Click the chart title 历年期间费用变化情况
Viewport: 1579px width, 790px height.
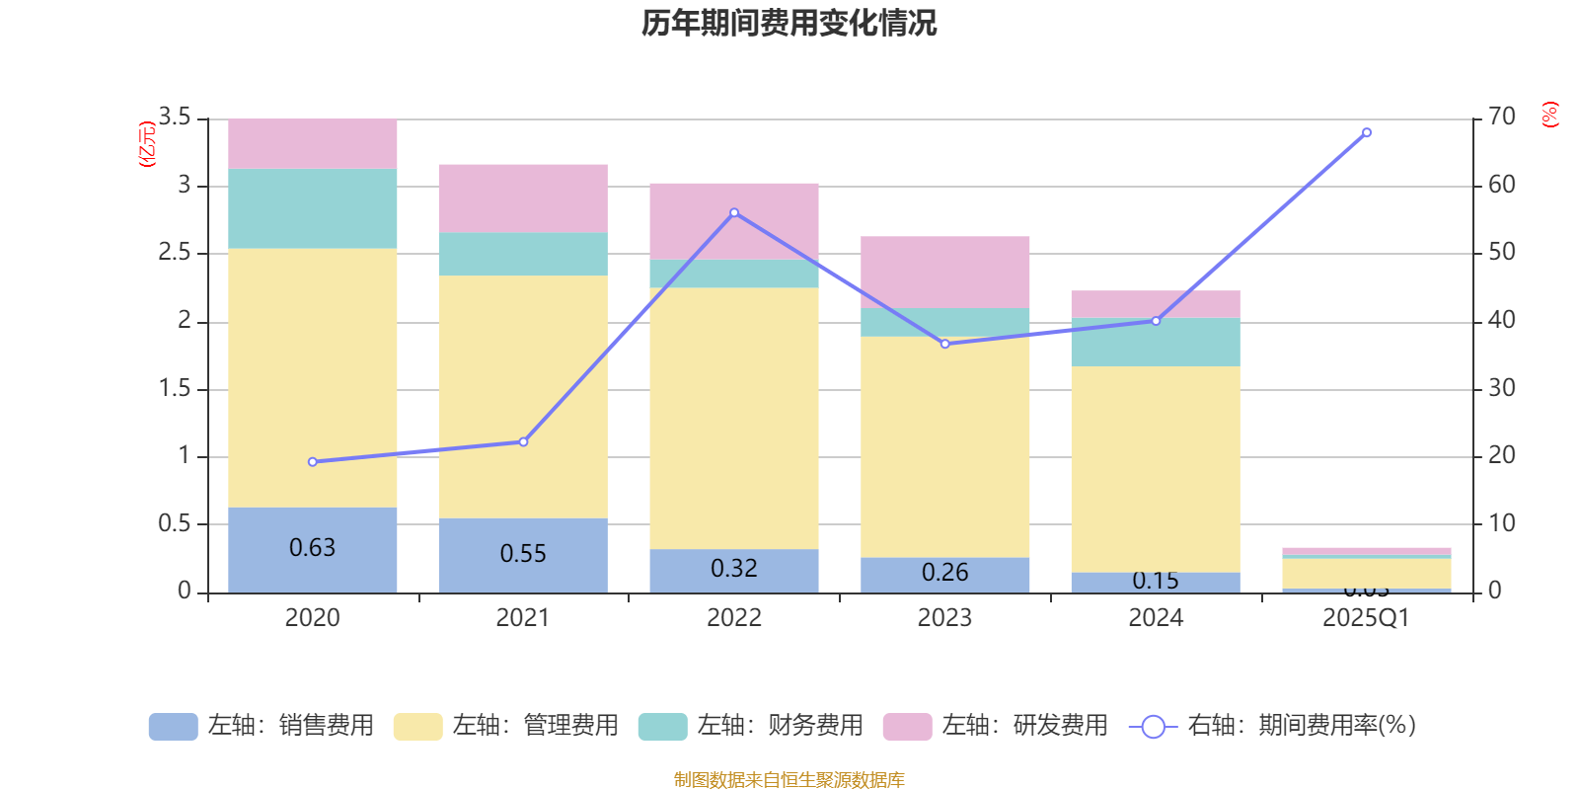789,23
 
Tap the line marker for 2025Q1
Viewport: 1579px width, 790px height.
1367,132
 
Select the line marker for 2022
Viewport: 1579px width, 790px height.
734,213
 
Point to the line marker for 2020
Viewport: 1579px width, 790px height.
313,462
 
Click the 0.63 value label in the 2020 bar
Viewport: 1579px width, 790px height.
313,548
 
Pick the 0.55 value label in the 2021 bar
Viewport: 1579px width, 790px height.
523,554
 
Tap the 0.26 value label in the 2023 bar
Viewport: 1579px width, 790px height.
945,573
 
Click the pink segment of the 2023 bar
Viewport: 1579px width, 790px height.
945,272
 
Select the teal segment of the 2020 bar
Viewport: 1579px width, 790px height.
313,208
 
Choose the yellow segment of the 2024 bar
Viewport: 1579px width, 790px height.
1156,469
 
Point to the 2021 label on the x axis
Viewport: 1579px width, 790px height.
523,618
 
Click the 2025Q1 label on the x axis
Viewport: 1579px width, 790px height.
1367,618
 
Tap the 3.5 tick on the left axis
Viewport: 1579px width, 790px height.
175,118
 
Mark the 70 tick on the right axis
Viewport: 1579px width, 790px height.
1502,118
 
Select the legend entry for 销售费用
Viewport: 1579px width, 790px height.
262,726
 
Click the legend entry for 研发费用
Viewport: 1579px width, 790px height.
996,726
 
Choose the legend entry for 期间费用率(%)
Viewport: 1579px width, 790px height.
1273,726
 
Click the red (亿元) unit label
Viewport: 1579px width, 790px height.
147,144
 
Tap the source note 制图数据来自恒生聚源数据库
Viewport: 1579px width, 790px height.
789,780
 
